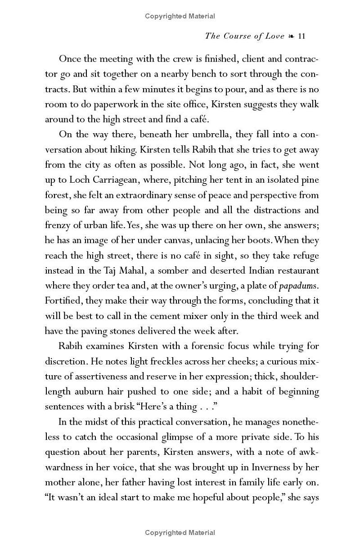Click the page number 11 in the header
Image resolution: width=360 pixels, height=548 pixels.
301,36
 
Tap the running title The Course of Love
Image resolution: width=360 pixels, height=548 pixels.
244,36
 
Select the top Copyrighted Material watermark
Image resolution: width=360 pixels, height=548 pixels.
180,16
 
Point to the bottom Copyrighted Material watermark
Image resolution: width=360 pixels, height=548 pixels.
180,533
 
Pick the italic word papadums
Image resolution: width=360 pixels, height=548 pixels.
299,286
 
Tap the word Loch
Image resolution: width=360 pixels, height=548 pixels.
80,180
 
